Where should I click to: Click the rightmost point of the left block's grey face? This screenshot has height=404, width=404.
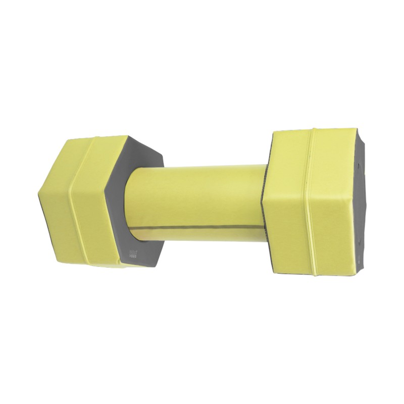(164, 157)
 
